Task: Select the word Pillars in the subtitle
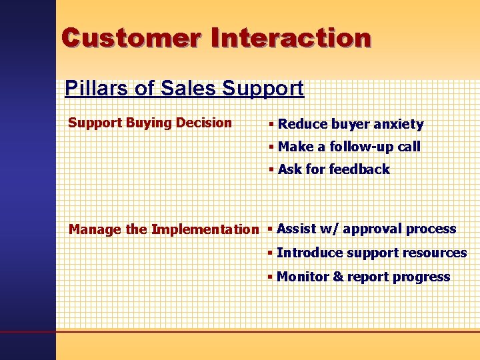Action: pyautogui.click(x=91, y=88)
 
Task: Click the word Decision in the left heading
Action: pyautogui.click(x=201, y=123)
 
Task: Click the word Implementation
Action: pyautogui.click(x=205, y=230)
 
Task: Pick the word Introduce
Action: pyautogui.click(x=309, y=253)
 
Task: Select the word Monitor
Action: pyautogui.click(x=303, y=277)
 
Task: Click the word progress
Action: pyautogui.click(x=422, y=277)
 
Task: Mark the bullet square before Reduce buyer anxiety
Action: pyautogui.click(x=272, y=125)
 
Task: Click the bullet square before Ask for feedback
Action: pyautogui.click(x=272, y=169)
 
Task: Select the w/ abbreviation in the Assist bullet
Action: pyautogui.click(x=329, y=229)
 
